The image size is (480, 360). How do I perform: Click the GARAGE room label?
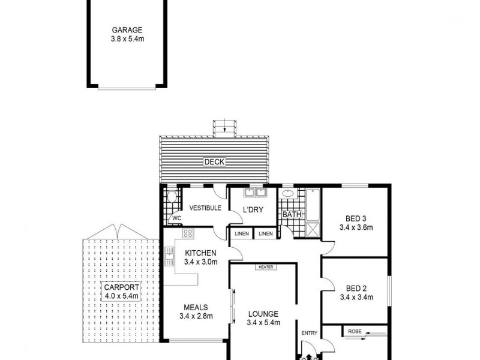127,29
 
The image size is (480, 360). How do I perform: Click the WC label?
176,218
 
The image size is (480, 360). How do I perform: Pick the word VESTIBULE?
205,208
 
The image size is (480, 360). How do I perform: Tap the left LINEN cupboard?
242,233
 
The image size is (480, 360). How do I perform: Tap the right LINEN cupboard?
266,233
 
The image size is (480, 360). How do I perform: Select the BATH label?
292,214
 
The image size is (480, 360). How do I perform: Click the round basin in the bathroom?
288,194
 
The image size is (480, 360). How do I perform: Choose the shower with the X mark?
313,229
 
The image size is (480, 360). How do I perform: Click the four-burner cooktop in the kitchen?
187,233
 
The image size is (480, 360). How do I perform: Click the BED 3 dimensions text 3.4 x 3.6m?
356,227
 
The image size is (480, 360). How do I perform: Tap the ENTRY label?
310,334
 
